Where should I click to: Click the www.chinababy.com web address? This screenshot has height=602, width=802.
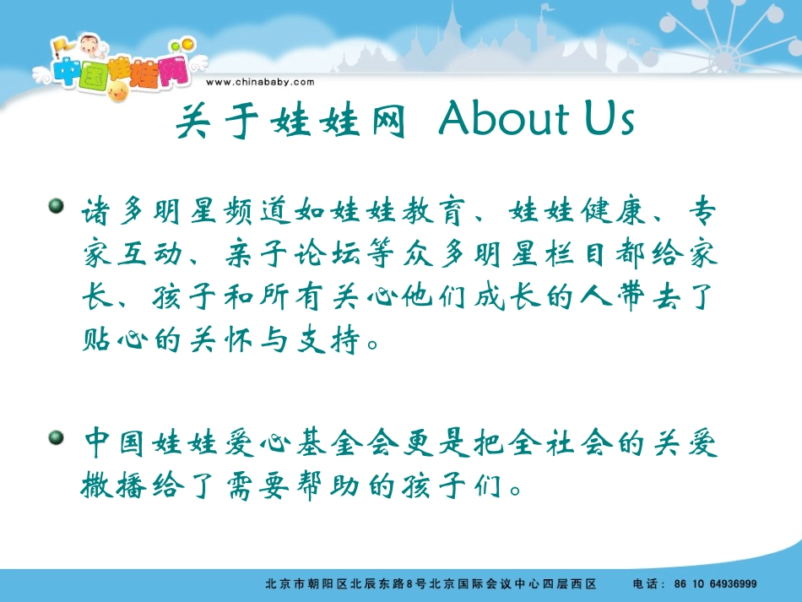(x=260, y=82)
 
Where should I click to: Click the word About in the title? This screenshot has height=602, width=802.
(x=503, y=121)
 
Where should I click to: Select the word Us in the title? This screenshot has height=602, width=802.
(x=608, y=121)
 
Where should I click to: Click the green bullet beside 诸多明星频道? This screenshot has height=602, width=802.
(x=57, y=206)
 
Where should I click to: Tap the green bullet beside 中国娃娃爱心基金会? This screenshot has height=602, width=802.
(x=57, y=437)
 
